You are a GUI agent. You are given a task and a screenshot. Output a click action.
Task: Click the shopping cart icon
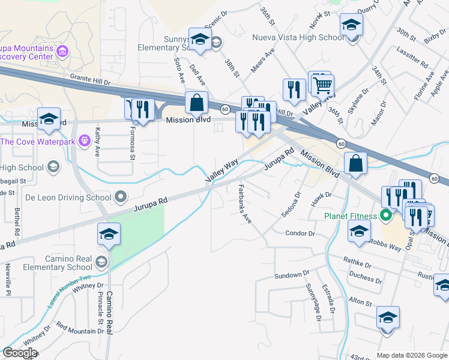point(323,85)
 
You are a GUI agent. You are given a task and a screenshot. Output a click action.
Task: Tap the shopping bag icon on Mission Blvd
point(196,103)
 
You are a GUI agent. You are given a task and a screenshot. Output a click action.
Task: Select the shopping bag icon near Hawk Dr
point(356,163)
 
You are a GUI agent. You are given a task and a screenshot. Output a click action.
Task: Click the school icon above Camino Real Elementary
point(109,234)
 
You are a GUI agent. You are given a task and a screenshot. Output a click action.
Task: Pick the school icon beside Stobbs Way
point(359,231)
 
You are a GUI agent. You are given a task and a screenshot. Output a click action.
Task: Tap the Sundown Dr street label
point(288,275)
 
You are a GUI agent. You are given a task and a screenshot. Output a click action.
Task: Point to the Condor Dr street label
point(300,233)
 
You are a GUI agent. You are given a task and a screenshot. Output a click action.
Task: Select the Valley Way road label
point(222,171)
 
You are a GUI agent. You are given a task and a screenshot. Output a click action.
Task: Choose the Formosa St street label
point(132,142)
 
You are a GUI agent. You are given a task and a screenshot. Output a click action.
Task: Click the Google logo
point(19,353)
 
